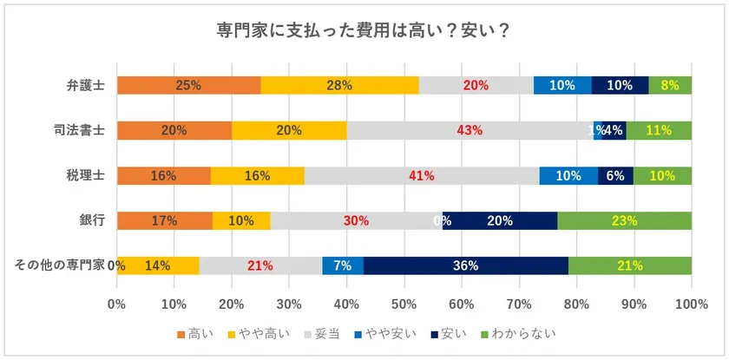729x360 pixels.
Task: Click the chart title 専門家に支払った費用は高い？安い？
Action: coord(363,30)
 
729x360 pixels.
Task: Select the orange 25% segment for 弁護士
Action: coord(188,85)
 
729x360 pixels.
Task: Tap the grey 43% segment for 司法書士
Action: coord(470,130)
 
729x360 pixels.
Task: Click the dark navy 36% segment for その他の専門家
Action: coord(466,265)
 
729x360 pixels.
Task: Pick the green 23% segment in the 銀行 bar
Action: coord(624,220)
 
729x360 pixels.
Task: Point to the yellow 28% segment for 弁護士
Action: coord(339,85)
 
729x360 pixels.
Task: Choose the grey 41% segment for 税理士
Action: coord(422,175)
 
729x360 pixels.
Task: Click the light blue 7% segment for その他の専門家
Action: coord(343,265)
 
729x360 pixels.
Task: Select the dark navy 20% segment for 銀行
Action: coord(500,220)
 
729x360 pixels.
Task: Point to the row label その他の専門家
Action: coord(58,265)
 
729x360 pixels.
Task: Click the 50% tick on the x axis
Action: coord(404,304)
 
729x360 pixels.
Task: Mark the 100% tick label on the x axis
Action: coord(691,304)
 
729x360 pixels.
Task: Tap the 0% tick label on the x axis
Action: coord(117,304)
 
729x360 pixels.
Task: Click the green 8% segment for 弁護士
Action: coord(670,85)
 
